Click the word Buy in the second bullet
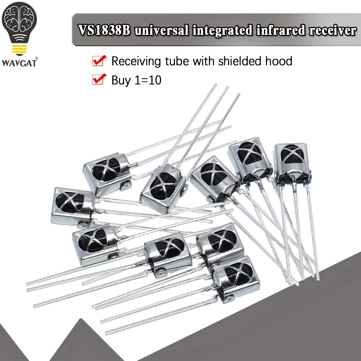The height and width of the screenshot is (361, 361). click(121, 80)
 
